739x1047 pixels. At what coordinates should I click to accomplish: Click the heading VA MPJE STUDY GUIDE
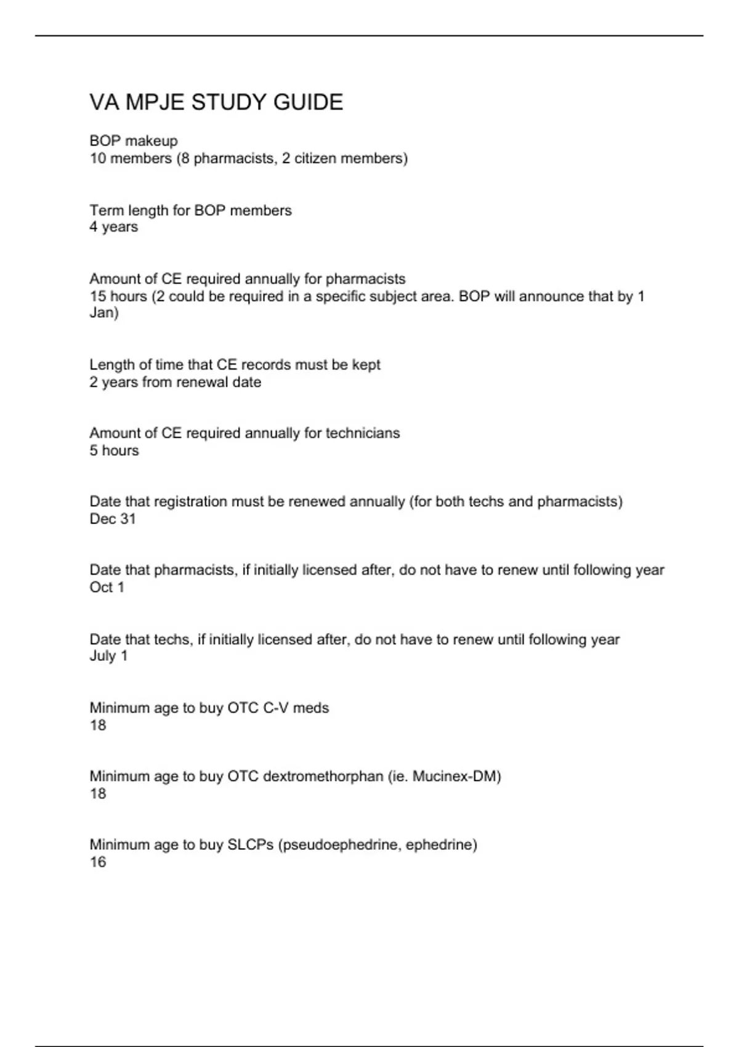click(216, 102)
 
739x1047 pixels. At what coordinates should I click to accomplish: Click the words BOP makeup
click(134, 141)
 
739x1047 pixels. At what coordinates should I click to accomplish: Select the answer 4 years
click(114, 227)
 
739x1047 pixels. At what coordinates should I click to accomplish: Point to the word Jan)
click(104, 313)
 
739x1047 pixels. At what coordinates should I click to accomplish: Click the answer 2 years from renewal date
click(176, 382)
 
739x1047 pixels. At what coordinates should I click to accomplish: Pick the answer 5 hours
click(115, 451)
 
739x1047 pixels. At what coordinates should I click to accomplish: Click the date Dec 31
click(113, 519)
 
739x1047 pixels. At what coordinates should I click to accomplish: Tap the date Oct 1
click(107, 588)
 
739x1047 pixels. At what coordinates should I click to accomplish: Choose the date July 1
click(108, 656)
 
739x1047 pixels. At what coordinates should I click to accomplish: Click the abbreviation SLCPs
click(251, 845)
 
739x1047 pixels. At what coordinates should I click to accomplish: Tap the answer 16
click(98, 862)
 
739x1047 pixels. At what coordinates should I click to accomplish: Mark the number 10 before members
click(98, 159)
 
